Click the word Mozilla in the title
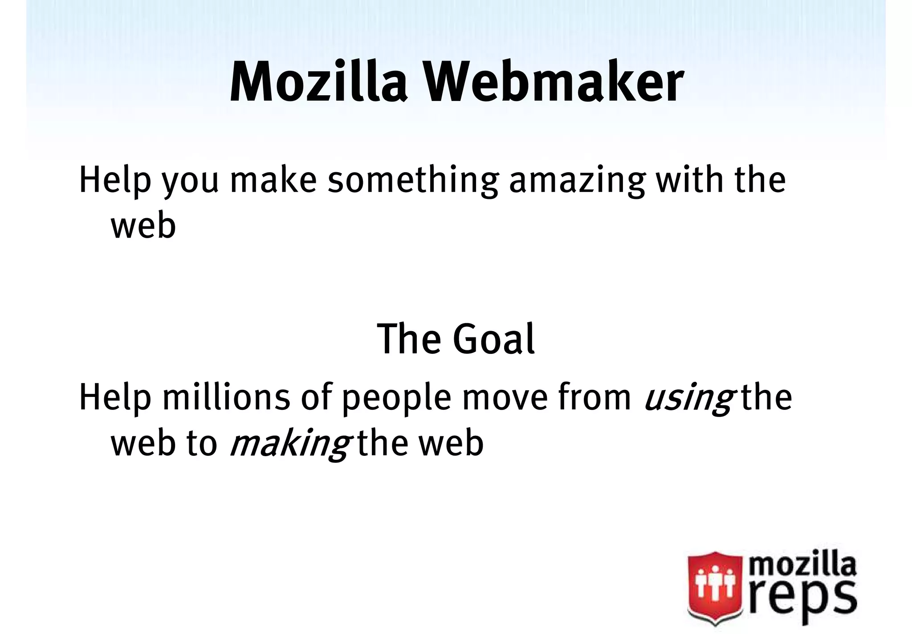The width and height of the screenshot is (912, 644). [x=318, y=83]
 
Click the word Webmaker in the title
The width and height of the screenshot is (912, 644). [x=553, y=83]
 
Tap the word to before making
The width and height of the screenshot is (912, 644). [x=202, y=444]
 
